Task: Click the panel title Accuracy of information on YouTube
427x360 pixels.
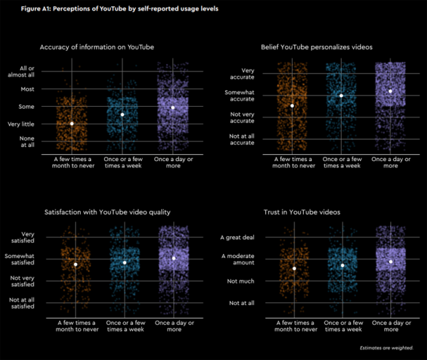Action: [x=96, y=47]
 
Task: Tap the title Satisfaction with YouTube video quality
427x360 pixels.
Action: [x=107, y=211]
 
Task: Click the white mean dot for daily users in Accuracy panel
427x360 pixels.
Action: [x=173, y=107]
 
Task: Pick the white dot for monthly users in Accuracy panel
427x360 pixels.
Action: [x=72, y=123]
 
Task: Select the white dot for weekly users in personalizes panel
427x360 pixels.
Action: [x=341, y=96]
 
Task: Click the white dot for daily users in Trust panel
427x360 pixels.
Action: [x=390, y=262]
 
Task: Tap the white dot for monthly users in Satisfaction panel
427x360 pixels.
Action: [x=76, y=264]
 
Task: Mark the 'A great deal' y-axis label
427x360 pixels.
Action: [x=237, y=237]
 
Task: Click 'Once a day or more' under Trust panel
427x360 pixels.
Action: [x=390, y=326]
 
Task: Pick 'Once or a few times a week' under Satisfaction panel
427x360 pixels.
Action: [x=123, y=326]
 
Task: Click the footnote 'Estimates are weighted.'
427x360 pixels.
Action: [x=386, y=348]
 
